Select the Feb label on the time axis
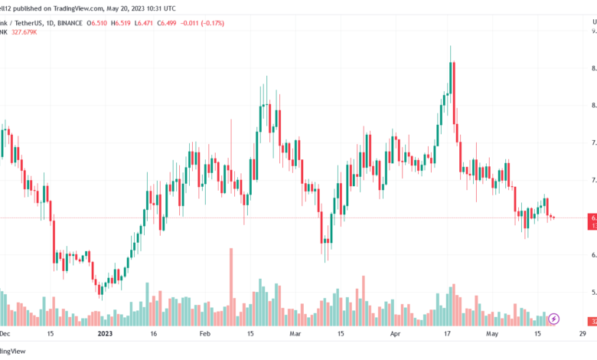pyautogui.click(x=204, y=334)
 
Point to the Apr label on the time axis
pyautogui.click(x=395, y=334)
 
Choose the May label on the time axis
pyautogui.click(x=491, y=334)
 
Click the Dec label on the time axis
pyautogui.click(x=5, y=334)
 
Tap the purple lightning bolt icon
pyautogui.click(x=554, y=318)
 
